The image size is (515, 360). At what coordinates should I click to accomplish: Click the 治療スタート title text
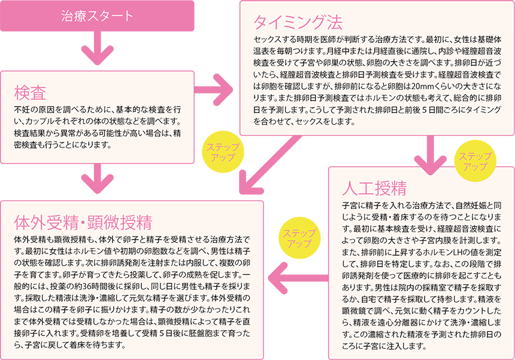97,16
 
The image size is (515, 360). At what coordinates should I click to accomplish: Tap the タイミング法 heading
298,23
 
